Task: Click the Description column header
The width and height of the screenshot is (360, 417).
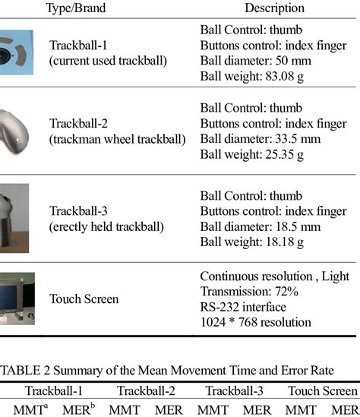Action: (274, 8)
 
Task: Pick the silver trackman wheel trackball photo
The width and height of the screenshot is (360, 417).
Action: (17, 131)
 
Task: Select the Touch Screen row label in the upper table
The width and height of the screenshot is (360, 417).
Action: (84, 299)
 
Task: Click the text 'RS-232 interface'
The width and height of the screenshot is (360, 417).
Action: (243, 306)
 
